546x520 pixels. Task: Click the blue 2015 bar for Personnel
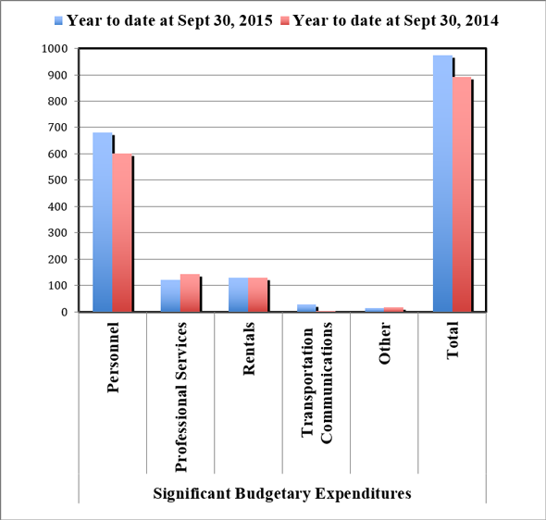102,222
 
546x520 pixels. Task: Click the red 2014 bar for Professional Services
190,293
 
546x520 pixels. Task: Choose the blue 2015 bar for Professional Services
170,296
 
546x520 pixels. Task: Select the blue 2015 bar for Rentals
238,295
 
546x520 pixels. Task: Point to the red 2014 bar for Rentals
257,295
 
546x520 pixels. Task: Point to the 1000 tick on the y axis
56,48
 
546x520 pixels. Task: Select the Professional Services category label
181,384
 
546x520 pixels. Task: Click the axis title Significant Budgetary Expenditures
281,493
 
